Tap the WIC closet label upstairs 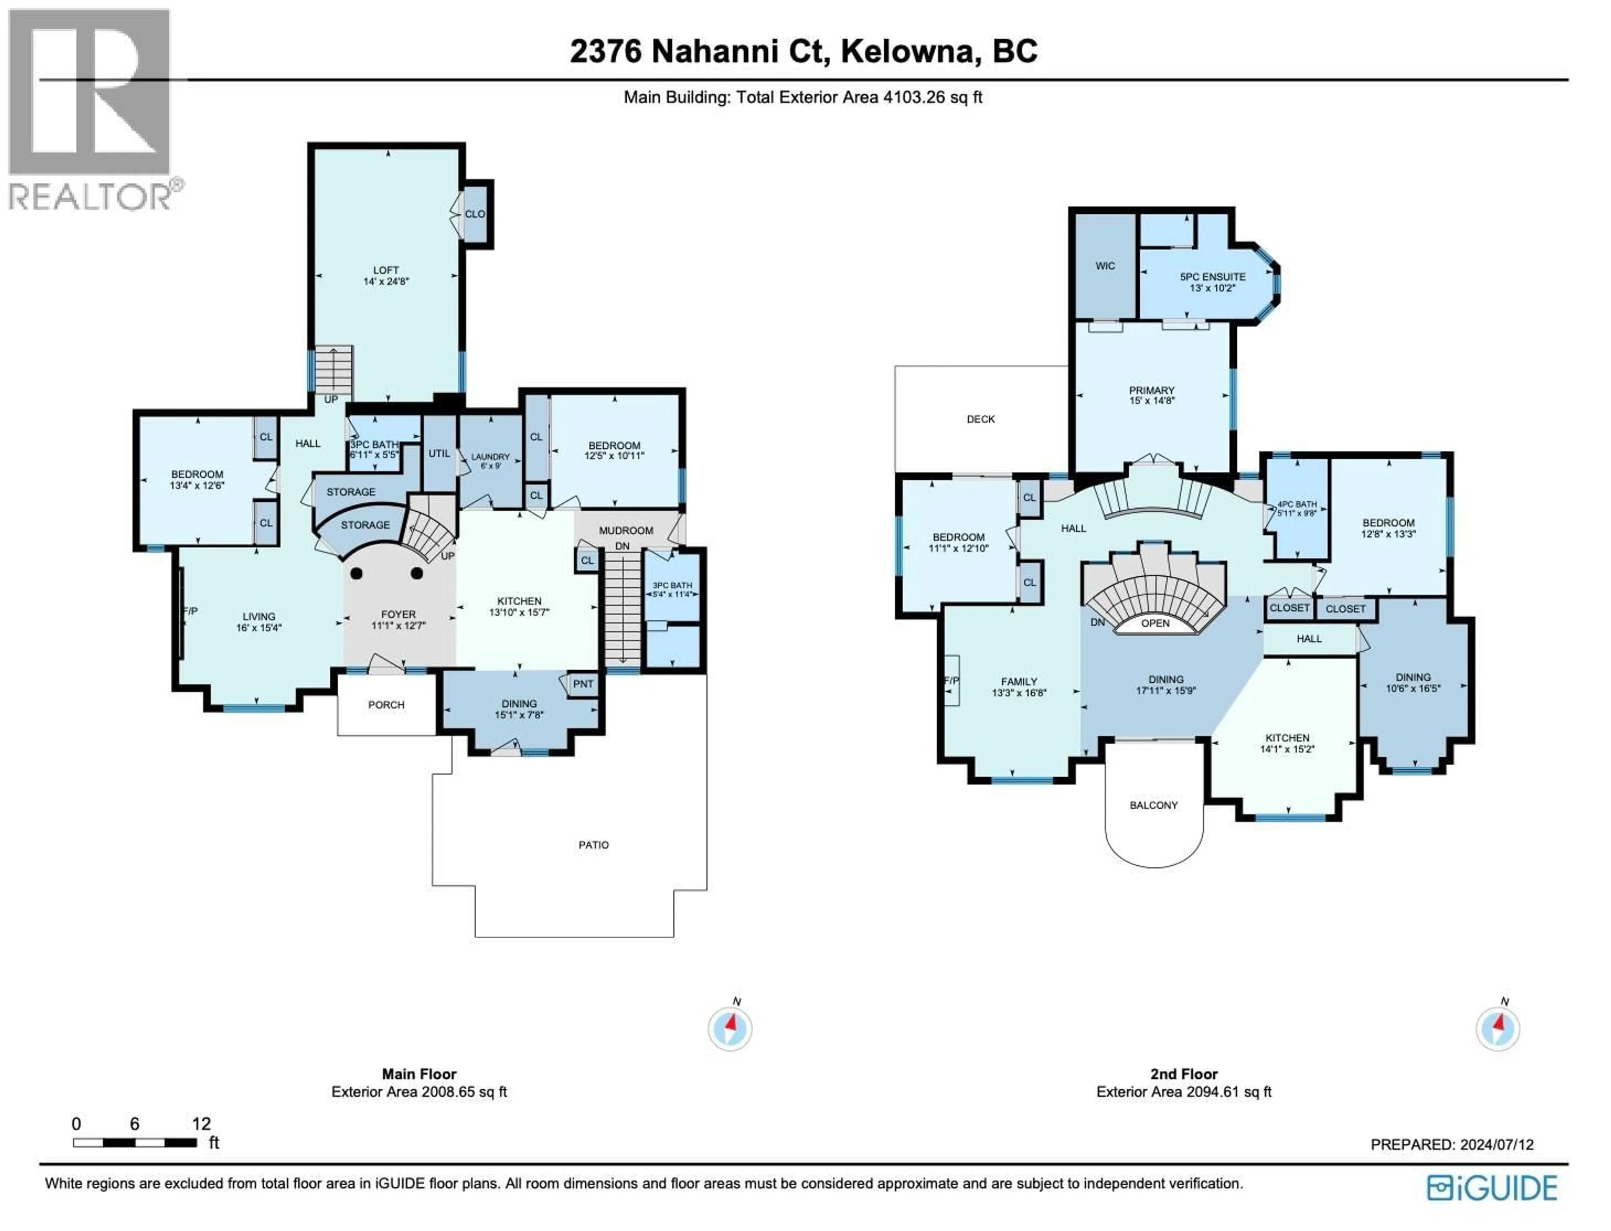click(1105, 266)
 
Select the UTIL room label click(439, 453)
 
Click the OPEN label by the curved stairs click(1155, 623)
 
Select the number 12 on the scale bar click(201, 1123)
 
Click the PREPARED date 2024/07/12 click(1496, 1144)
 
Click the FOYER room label click(398, 614)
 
